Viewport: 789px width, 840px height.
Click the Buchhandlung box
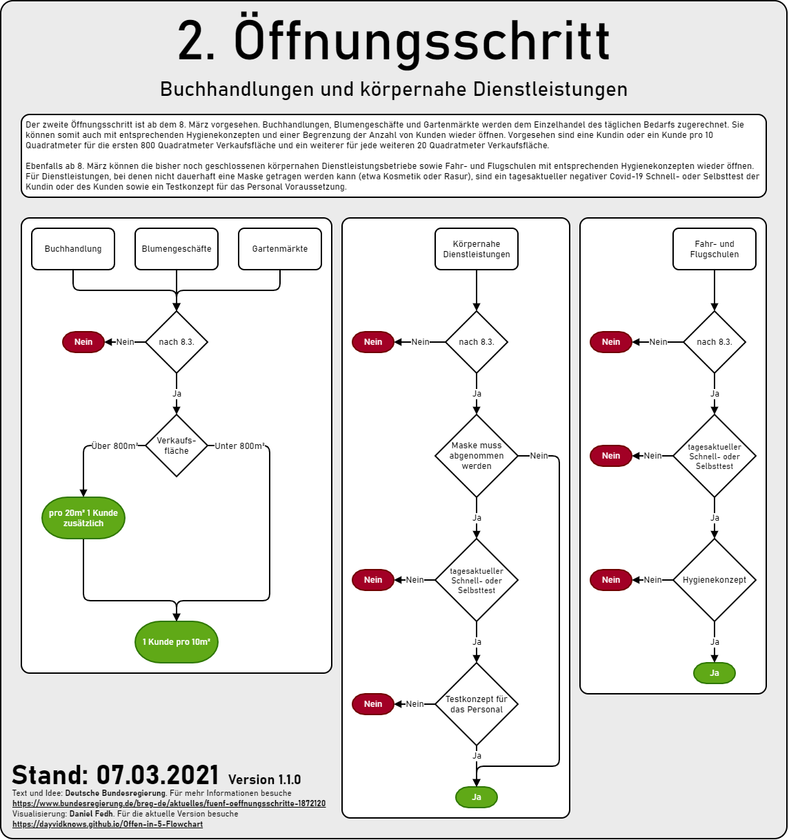(x=73, y=249)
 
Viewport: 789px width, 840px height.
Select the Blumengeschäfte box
(x=177, y=249)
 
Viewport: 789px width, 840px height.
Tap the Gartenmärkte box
(x=279, y=249)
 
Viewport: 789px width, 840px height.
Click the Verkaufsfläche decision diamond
(x=177, y=446)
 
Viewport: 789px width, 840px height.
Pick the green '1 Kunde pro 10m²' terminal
(x=177, y=641)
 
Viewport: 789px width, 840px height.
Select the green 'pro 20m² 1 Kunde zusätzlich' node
(x=83, y=518)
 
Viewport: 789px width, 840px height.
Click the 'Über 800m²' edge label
(x=115, y=446)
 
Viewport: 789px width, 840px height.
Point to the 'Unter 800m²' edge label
(x=240, y=446)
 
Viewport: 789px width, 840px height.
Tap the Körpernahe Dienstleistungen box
(x=477, y=249)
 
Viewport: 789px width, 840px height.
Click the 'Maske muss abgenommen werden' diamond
(x=477, y=456)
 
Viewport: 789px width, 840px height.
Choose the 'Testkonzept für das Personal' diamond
(x=477, y=704)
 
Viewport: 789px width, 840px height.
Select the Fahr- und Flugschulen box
(x=714, y=249)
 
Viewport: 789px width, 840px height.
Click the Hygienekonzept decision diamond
(x=714, y=579)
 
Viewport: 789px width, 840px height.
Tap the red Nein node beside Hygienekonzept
(x=611, y=579)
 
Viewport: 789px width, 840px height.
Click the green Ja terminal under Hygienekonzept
(x=714, y=673)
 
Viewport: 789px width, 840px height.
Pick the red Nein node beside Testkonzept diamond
(x=372, y=704)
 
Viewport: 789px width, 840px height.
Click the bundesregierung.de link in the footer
(x=169, y=803)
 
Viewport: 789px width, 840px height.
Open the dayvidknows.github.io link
(x=108, y=824)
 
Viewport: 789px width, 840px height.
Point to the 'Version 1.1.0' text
(x=264, y=779)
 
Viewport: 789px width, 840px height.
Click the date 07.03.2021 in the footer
(x=157, y=775)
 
